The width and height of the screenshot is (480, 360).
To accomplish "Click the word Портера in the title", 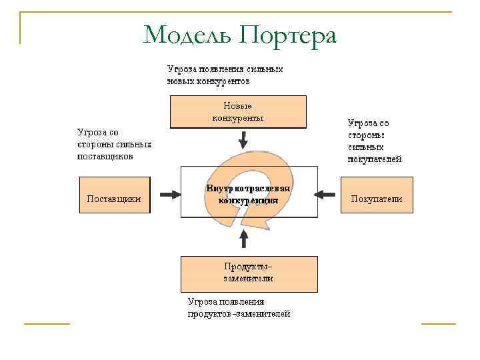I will [287, 35].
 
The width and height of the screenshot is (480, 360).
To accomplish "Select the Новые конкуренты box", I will [238, 111].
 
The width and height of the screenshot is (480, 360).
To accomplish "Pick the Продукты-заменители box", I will [249, 273].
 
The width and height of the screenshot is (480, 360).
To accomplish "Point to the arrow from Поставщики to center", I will [170, 195].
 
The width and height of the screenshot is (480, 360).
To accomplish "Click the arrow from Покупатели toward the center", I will [325, 195].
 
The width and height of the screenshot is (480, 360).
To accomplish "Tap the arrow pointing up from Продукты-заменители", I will [244, 239].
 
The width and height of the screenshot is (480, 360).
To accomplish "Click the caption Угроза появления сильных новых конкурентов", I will [225, 75].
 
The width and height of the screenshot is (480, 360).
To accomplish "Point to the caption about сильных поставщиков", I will [114, 145].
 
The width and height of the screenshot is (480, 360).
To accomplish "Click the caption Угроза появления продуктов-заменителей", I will [239, 307].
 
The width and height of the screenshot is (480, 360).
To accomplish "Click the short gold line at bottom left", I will [47, 324].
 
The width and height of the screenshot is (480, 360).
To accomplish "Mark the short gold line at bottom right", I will [439, 324].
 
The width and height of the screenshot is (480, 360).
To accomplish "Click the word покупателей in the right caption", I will [375, 160].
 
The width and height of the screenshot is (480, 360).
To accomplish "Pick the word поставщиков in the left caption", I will [105, 157].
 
